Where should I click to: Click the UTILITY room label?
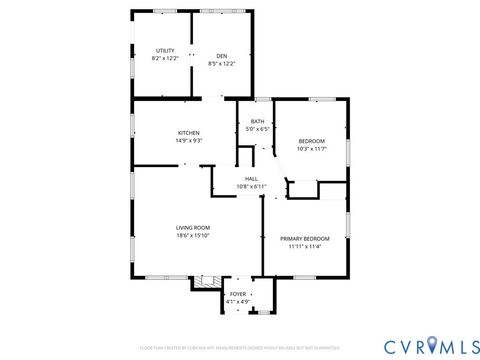tap(165, 51)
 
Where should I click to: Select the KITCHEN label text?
tap(189, 133)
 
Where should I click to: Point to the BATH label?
tap(258, 121)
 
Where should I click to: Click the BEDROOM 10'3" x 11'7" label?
tap(311, 140)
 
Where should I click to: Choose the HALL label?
tap(251, 179)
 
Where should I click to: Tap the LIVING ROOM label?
tap(191, 228)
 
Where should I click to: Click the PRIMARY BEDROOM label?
tap(305, 238)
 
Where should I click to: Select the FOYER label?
tap(238, 293)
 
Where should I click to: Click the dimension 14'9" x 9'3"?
tap(189, 141)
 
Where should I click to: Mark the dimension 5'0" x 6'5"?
tap(258, 130)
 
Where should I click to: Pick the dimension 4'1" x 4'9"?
tap(238, 301)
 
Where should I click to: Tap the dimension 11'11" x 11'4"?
tap(305, 246)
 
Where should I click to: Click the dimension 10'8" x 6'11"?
tap(251, 187)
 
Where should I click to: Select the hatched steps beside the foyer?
tap(206, 282)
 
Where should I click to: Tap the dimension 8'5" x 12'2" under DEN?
tap(222, 63)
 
